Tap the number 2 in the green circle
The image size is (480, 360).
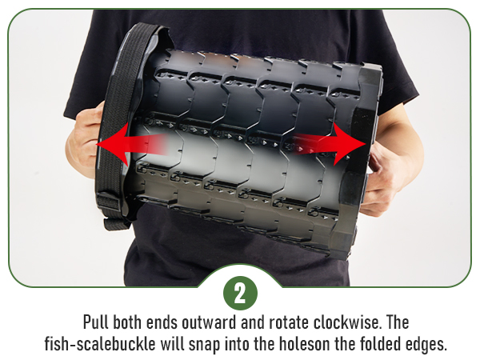click(239, 293)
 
